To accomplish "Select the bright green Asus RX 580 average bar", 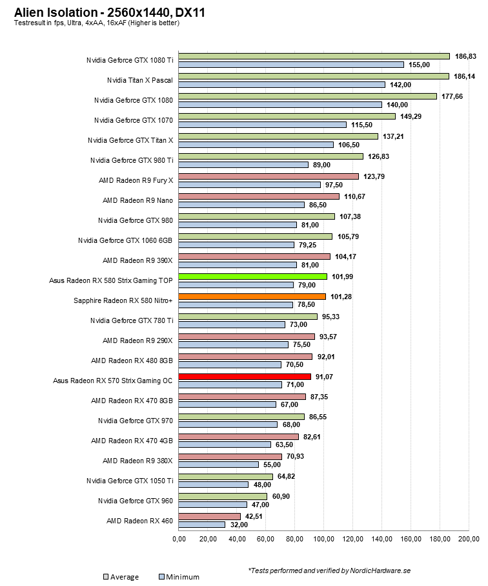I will [252, 277].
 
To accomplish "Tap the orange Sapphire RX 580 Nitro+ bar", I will [252, 297].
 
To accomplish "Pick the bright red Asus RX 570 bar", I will [245, 377].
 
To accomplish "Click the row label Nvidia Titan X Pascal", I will [140, 80].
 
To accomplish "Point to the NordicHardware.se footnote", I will [329, 570].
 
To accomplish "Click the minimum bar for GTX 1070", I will [262, 125].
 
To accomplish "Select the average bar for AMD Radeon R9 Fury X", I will [269, 176].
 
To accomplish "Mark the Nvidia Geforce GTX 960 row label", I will [136, 500].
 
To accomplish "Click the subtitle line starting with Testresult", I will [97, 23].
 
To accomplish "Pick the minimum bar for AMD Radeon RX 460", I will [202, 525].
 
